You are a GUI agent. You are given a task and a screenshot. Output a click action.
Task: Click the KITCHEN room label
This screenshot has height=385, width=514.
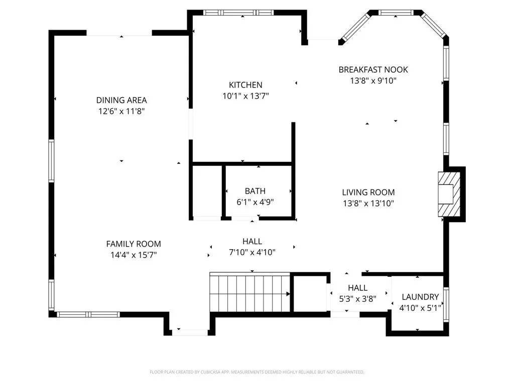coord(245,85)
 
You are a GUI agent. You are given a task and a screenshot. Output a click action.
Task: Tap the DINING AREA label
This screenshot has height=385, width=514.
coord(121,100)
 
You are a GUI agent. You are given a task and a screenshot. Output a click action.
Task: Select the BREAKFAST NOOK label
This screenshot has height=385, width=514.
coord(373,70)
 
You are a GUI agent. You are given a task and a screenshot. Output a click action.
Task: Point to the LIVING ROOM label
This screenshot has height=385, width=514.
coord(368,192)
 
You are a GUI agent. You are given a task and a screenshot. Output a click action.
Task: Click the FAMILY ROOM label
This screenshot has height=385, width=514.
coord(134,244)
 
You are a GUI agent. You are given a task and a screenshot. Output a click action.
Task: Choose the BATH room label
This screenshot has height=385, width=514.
coord(255,191)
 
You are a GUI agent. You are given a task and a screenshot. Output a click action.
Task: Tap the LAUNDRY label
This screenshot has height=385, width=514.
coord(420,297)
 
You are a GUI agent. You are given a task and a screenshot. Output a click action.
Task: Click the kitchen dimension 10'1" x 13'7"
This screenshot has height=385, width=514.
coord(245,96)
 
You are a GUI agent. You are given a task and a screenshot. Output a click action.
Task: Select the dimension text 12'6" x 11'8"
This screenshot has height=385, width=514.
coord(121,111)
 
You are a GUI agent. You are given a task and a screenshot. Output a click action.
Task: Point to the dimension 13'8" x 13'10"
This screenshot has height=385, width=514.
coord(368,204)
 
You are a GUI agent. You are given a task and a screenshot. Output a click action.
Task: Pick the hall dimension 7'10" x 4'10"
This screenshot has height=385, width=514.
coord(252,253)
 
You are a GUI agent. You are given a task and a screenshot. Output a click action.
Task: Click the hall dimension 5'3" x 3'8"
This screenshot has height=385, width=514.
coord(357,299)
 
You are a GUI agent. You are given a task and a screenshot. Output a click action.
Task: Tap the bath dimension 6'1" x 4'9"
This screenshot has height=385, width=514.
coord(255,202)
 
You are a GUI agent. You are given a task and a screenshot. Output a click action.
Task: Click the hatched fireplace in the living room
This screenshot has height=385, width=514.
coord(449,195)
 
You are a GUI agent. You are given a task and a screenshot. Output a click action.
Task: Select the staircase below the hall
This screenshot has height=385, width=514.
coord(250,292)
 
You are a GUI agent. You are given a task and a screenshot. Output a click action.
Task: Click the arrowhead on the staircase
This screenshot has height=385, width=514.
coord(288,294)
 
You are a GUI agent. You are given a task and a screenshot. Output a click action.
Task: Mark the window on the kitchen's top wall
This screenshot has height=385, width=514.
coord(238,13)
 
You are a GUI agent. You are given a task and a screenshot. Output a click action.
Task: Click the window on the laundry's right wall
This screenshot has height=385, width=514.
coord(446,304)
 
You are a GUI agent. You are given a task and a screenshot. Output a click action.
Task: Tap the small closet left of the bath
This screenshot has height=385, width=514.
coord(207,191)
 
